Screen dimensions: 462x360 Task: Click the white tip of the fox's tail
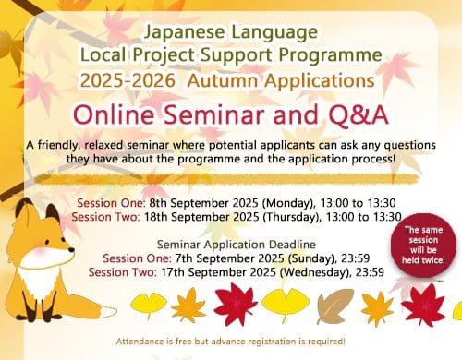(x=109, y=312)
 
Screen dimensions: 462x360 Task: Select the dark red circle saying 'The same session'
(x=423, y=246)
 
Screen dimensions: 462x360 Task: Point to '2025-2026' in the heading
(x=128, y=80)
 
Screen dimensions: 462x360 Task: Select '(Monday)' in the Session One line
(x=288, y=203)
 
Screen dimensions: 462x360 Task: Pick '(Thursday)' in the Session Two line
(x=290, y=217)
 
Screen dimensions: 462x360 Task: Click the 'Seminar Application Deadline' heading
(x=237, y=245)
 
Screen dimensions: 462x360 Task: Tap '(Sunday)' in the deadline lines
(x=311, y=258)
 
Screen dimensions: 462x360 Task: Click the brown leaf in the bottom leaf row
(x=335, y=306)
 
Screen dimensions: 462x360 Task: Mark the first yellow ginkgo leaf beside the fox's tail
(x=149, y=305)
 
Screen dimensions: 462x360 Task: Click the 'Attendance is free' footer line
(x=231, y=342)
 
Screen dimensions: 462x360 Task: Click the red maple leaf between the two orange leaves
(x=236, y=304)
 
